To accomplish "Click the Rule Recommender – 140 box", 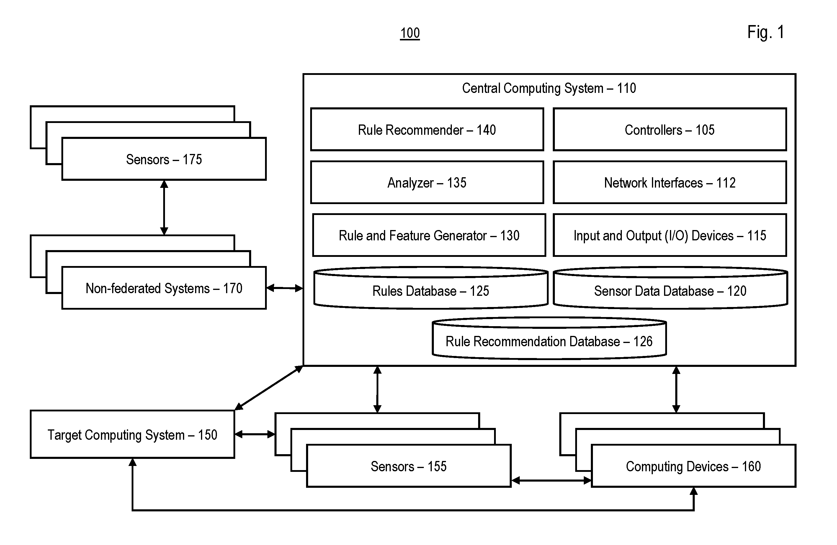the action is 427,129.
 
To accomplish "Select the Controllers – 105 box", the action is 670,129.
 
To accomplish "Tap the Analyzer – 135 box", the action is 427,182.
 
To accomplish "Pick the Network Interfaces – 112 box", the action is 670,182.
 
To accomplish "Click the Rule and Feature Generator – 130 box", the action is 429,235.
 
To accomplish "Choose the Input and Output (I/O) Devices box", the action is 670,235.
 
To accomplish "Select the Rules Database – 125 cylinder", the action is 431,288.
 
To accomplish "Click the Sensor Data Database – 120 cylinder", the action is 670,288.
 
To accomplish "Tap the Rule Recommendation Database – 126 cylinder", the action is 549,338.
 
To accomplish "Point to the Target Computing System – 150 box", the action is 132,434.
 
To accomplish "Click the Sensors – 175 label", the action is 164,159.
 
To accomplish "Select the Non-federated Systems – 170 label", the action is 164,288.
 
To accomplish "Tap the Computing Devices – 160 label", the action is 693,466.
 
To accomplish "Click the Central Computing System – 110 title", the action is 549,88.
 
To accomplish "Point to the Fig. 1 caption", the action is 766,32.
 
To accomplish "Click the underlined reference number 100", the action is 410,33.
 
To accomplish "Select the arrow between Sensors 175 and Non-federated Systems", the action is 164,207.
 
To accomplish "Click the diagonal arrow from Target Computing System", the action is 269,388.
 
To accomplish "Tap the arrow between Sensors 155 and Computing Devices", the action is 551,480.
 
